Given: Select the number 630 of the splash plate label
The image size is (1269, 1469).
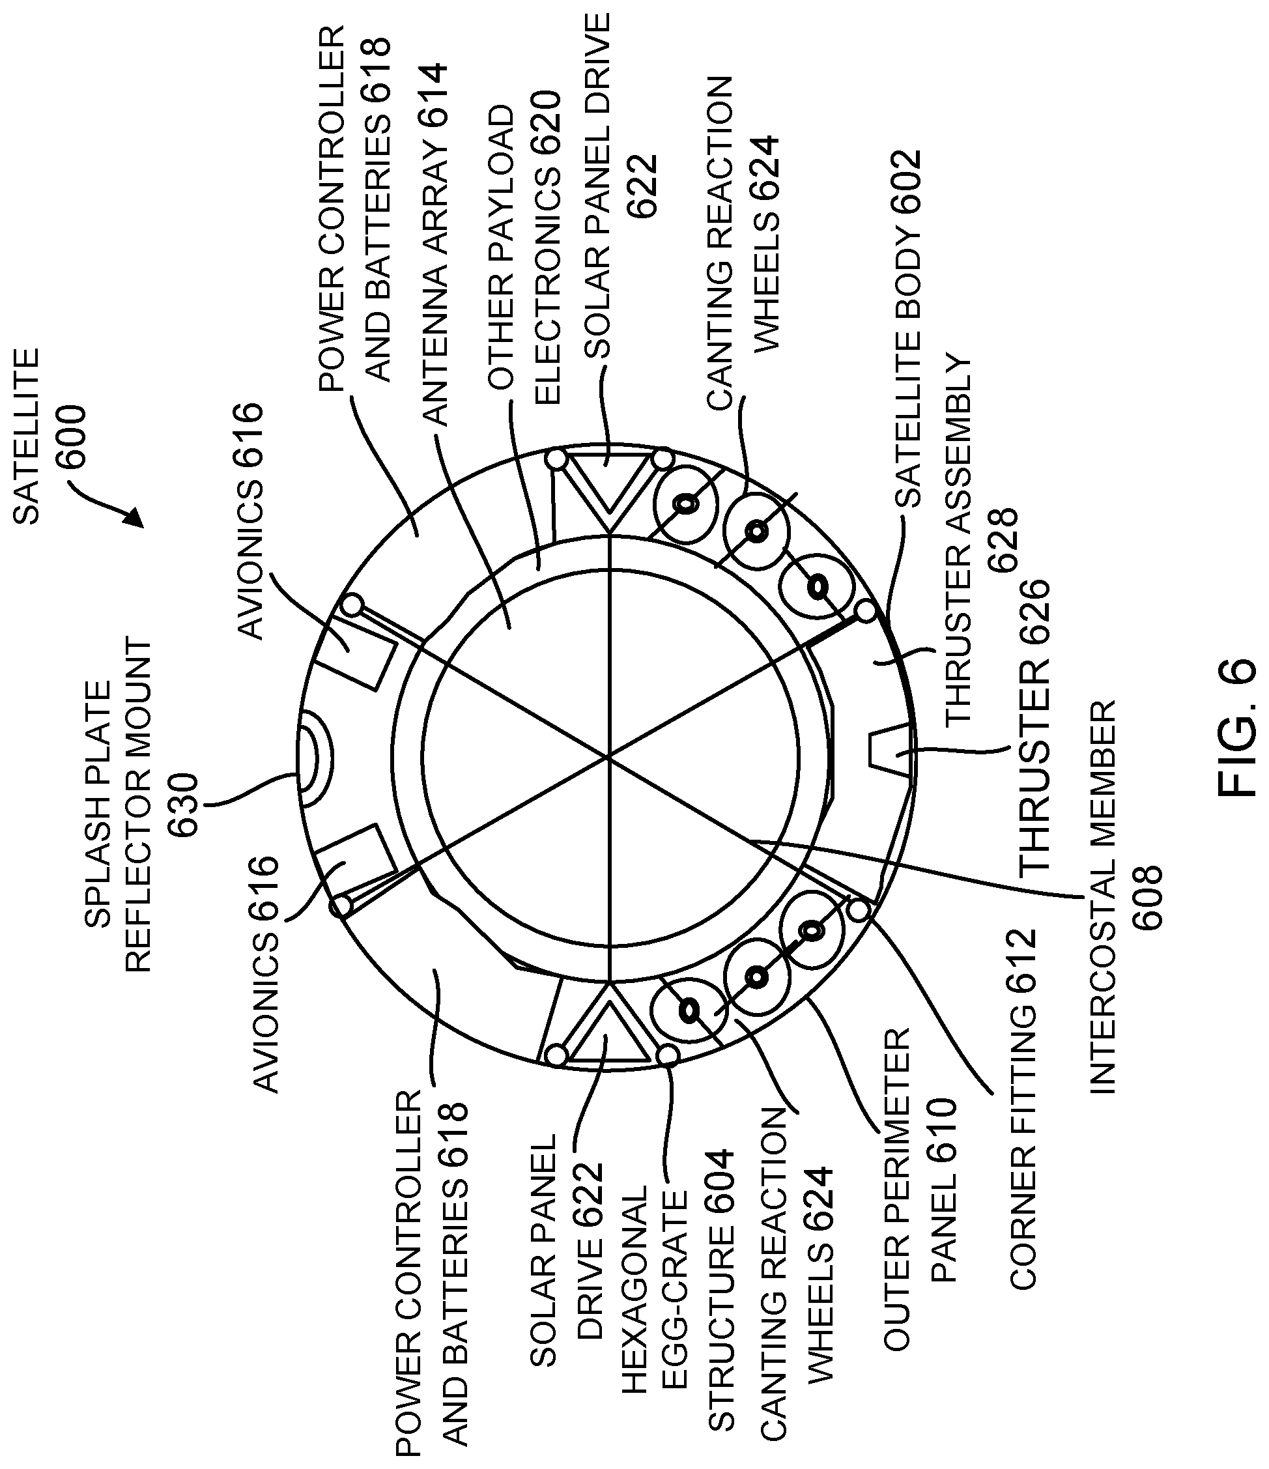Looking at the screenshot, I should pos(183,805).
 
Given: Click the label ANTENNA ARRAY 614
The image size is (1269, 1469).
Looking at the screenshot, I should pos(435,244).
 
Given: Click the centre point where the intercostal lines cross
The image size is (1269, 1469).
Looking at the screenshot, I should pos(608,758).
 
